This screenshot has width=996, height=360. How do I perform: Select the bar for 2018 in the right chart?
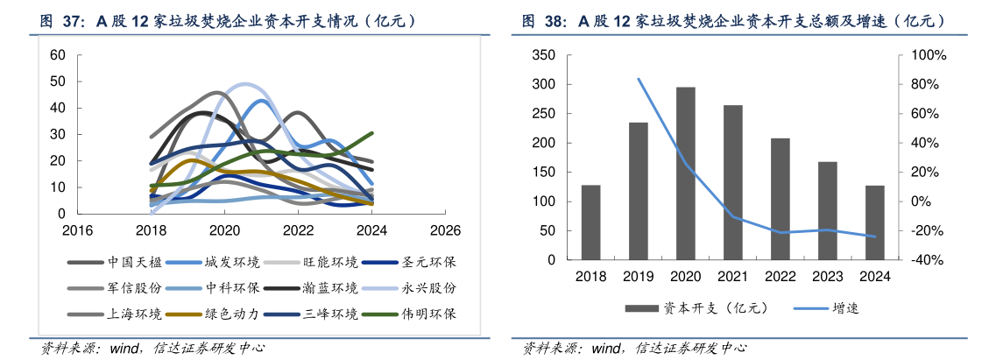[x=590, y=222]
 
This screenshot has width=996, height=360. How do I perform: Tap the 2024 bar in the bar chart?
[x=875, y=222]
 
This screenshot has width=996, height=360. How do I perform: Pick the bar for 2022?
[x=781, y=199]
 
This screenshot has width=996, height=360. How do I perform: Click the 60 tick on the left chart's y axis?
[x=58, y=55]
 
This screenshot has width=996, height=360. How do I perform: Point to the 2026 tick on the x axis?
[x=445, y=230]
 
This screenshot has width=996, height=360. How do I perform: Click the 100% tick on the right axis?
[x=929, y=55]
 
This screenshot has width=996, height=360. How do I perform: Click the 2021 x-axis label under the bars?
[x=732, y=277]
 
